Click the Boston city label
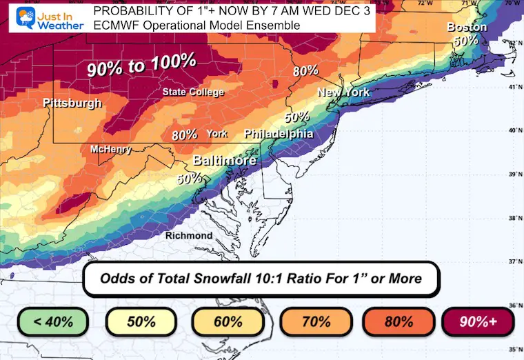(467, 28)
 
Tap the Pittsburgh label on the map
(72, 103)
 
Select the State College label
(193, 92)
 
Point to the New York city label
(343, 92)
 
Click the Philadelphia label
(279, 134)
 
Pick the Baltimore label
(224, 161)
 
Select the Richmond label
(189, 236)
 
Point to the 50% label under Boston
(466, 41)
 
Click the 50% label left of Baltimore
(189, 178)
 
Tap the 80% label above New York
(305, 70)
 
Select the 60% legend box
(228, 321)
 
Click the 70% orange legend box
(314, 321)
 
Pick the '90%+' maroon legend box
(476, 321)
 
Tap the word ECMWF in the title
(117, 26)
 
